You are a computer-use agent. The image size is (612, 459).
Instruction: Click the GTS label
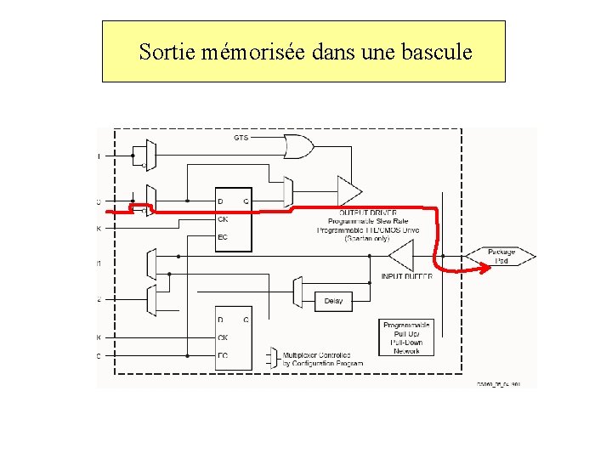tap(241, 138)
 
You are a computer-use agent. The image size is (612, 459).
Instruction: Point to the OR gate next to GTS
tap(297, 148)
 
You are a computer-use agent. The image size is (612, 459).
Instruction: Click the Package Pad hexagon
tap(501, 256)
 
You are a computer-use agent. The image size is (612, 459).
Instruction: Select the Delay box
tap(333, 301)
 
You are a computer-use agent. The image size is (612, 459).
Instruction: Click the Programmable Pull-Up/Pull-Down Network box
tap(407, 337)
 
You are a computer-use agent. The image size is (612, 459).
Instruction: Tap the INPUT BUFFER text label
tap(406, 276)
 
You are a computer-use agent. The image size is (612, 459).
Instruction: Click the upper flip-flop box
tap(234, 219)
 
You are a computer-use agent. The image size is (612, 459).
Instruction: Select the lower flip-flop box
tap(234, 337)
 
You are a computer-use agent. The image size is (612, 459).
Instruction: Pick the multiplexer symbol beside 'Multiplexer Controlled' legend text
tap(273, 358)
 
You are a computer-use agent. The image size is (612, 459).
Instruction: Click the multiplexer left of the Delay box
tap(297, 292)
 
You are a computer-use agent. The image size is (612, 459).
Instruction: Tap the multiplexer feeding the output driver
tap(287, 191)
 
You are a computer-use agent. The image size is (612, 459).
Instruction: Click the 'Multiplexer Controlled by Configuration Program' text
tap(323, 359)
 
